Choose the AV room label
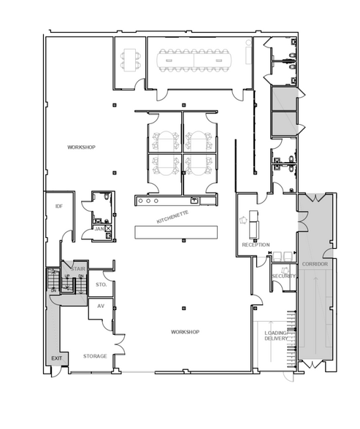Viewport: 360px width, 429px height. click(x=102, y=306)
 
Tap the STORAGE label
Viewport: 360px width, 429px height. click(x=95, y=356)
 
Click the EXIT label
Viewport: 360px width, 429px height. click(x=56, y=357)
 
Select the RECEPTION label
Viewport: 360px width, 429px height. click(x=256, y=244)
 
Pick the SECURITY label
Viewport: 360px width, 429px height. click(x=284, y=276)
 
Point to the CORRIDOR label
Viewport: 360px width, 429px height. click(x=314, y=263)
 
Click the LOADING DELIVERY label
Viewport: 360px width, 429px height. click(x=276, y=336)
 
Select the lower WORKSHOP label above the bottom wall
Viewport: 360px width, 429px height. click(x=185, y=332)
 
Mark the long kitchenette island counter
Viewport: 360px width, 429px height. click(x=177, y=231)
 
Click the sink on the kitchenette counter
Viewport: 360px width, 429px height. click(x=194, y=201)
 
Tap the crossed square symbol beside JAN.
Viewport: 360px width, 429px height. click(x=109, y=228)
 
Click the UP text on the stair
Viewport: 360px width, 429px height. click(x=68, y=277)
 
